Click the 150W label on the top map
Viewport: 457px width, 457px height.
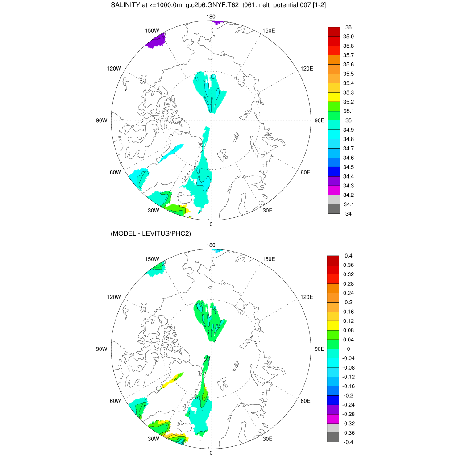[x=152, y=30]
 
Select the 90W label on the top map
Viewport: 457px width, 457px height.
[x=102, y=120]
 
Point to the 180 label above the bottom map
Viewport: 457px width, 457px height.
[x=211, y=245]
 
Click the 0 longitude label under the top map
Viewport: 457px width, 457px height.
[x=211, y=224]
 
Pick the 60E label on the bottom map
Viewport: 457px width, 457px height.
[x=305, y=401]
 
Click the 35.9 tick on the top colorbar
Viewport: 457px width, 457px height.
[x=349, y=37]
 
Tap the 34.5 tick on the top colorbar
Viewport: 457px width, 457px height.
[x=349, y=167]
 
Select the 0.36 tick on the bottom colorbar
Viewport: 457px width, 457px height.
[x=349, y=265]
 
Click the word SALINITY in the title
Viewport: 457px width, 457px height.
[x=126, y=5]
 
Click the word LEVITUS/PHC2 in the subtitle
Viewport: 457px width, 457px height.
[x=166, y=233]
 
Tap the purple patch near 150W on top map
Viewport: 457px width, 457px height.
[x=156, y=41]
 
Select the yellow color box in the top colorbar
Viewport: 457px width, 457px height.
[x=333, y=97]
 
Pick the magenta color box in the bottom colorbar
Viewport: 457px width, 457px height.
[x=333, y=419]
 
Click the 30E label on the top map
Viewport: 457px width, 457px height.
[x=268, y=211]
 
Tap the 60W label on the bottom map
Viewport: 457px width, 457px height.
[x=116, y=401]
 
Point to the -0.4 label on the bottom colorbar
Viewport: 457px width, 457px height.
[x=348, y=442]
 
